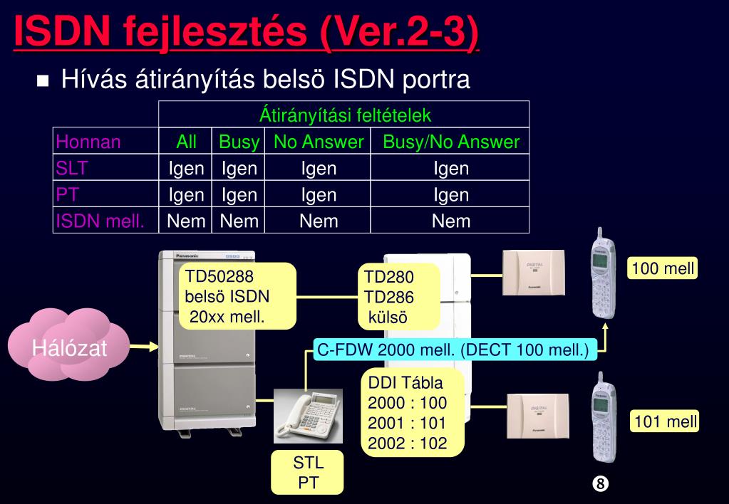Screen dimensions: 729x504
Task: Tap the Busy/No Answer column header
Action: (450, 142)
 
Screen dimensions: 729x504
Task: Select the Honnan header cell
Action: (88, 142)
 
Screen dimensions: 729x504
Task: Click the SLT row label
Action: (71, 168)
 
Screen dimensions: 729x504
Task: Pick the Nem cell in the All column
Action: (186, 221)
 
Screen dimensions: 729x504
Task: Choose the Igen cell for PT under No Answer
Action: (318, 194)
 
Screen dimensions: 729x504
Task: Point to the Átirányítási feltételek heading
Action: (345, 115)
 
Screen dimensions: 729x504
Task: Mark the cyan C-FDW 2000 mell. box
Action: (453, 350)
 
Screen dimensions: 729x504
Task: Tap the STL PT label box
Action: (309, 472)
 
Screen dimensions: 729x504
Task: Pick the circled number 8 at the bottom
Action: (600, 483)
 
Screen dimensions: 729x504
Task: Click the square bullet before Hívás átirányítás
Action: (43, 80)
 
